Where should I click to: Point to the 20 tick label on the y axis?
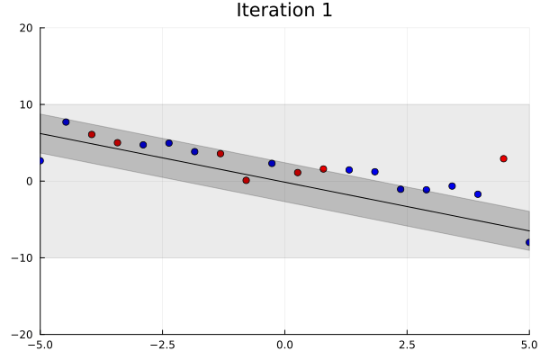tap(27, 28)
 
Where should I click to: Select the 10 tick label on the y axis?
tap(27, 104)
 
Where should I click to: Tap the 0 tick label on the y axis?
tap(31, 181)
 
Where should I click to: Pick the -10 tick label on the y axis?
tap(24, 257)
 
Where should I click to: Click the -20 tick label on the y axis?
tap(24, 334)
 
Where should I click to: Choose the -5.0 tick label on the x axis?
tap(40, 344)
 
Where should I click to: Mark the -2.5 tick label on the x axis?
tap(162, 344)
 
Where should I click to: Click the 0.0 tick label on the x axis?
tap(284, 344)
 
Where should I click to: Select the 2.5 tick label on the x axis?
tap(407, 344)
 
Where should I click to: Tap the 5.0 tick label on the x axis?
tap(529, 344)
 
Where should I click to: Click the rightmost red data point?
tap(503, 158)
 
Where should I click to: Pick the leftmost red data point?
tap(92, 134)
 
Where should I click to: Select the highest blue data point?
tap(66, 121)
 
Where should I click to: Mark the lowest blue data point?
tap(529, 242)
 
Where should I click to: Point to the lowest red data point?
tap(246, 180)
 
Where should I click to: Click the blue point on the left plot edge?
tap(40, 160)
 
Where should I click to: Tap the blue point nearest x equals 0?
tap(272, 163)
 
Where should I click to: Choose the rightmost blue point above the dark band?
tap(478, 193)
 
